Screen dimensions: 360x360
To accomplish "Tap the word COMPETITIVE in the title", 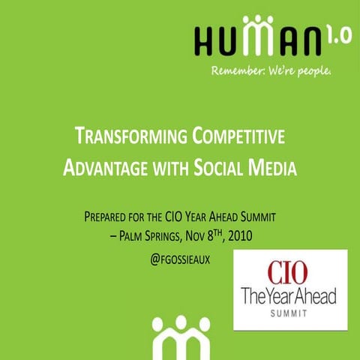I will point(237,137).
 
